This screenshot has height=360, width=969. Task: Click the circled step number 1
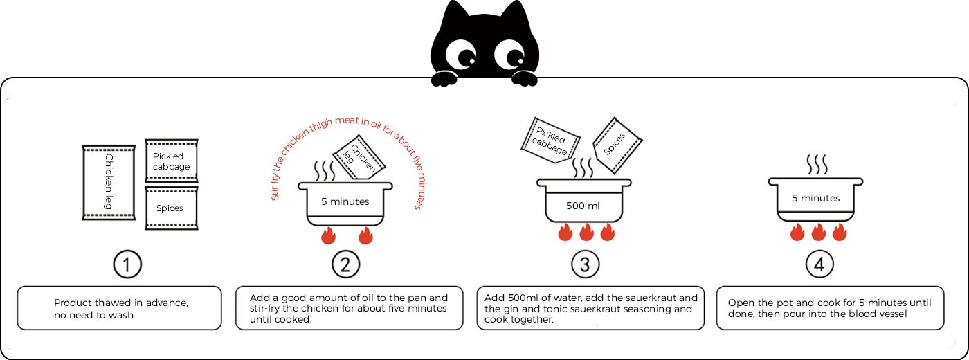[x=127, y=264]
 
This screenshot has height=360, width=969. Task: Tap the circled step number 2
[x=345, y=264]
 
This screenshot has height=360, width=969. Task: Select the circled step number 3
[x=585, y=264]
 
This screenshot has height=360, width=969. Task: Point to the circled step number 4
[x=819, y=264]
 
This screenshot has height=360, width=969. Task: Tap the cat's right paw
[x=524, y=78]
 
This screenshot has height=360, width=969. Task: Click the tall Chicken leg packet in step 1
[x=108, y=183]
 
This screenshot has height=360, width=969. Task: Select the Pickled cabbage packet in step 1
[x=171, y=161]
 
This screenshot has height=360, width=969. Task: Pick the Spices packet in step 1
[x=171, y=208]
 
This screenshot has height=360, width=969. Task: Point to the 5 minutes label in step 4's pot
[x=815, y=199]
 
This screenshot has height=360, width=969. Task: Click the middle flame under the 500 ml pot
[x=586, y=233]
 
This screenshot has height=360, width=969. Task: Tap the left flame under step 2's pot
[x=327, y=237]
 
